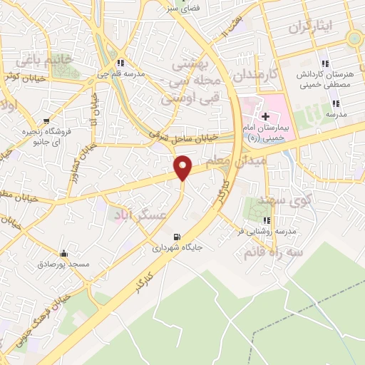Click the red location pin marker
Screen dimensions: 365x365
coord(183,167)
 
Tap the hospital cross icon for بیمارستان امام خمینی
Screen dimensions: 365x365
coord(264,115)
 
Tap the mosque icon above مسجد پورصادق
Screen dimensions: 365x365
coord(64,253)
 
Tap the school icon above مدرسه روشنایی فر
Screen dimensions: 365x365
coord(267,220)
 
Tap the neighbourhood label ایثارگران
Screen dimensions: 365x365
coord(311,27)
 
